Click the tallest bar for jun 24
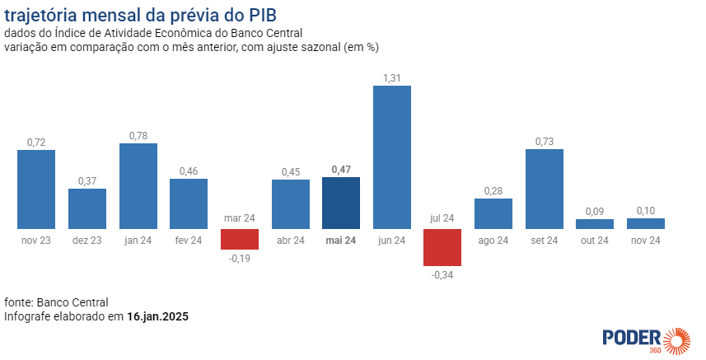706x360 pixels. click(392, 157)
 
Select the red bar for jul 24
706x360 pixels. click(442, 247)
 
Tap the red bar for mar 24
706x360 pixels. click(240, 239)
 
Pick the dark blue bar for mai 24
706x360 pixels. click(341, 203)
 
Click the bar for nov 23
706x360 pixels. click(36, 189)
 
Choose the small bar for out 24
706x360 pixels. click(595, 223)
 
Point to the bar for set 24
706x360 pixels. click(545, 189)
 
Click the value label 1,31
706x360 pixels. click(392, 78)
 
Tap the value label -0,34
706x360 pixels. click(442, 274)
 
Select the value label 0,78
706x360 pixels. click(138, 136)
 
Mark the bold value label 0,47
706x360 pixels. click(341, 170)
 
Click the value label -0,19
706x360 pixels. click(240, 258)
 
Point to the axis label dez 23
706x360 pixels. click(87, 241)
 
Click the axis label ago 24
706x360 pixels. click(493, 241)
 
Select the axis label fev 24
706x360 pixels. click(189, 241)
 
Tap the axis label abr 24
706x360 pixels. click(290, 241)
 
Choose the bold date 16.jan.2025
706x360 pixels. click(158, 316)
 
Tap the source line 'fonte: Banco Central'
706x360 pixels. click(56, 302)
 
